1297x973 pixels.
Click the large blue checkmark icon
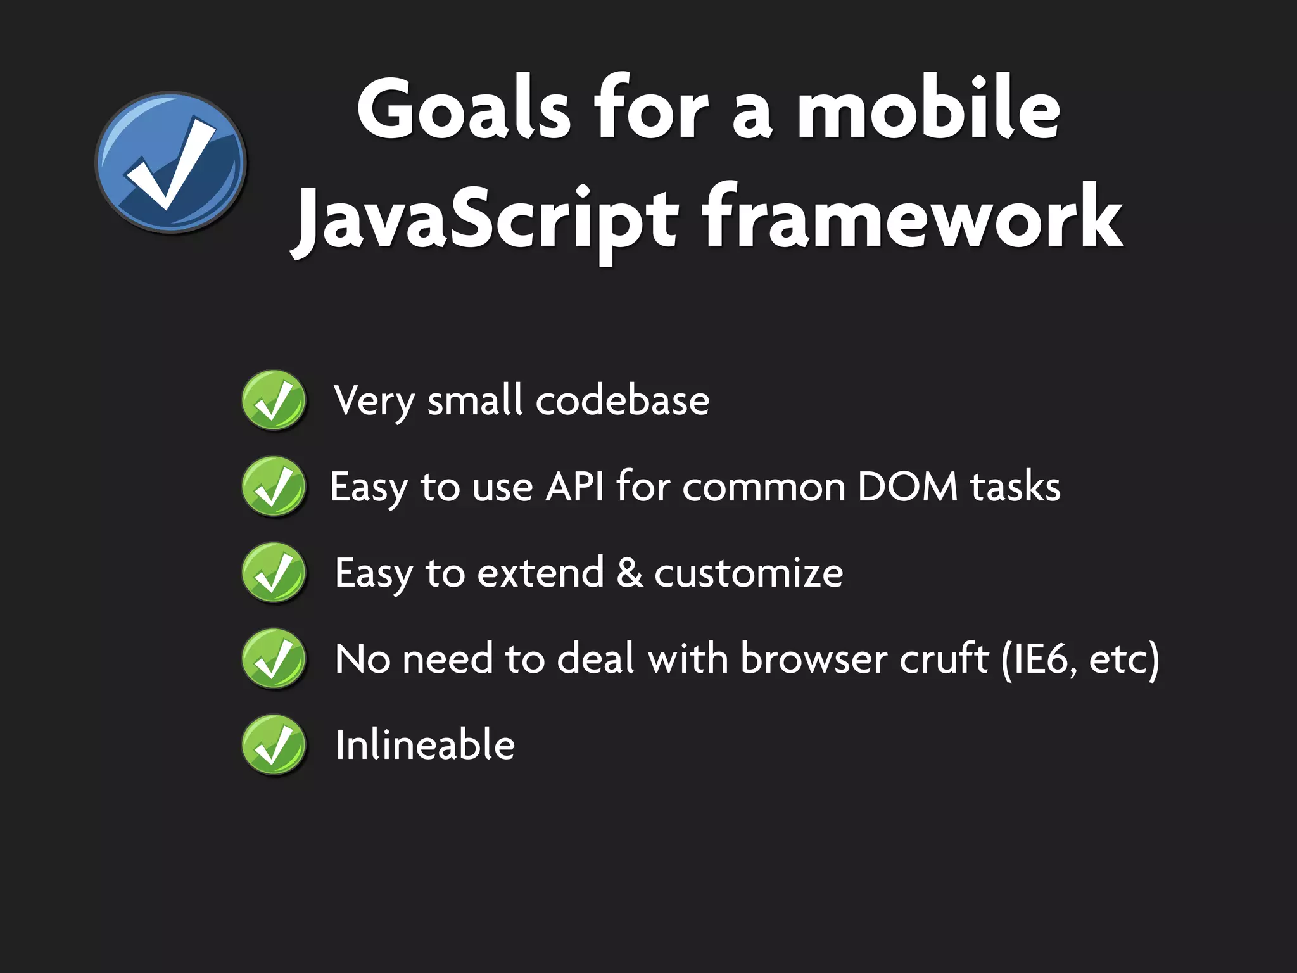tap(171, 163)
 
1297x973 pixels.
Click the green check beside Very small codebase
tap(274, 400)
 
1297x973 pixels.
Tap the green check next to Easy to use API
tap(274, 486)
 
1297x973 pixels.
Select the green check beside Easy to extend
tap(274, 573)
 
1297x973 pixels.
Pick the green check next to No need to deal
tap(274, 659)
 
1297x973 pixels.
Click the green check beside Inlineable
tap(274, 745)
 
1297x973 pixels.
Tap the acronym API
tap(575, 486)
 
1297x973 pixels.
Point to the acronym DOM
tap(908, 486)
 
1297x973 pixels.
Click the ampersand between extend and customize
tap(629, 573)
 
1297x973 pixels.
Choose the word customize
tap(748, 573)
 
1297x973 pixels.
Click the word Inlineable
tap(425, 745)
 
